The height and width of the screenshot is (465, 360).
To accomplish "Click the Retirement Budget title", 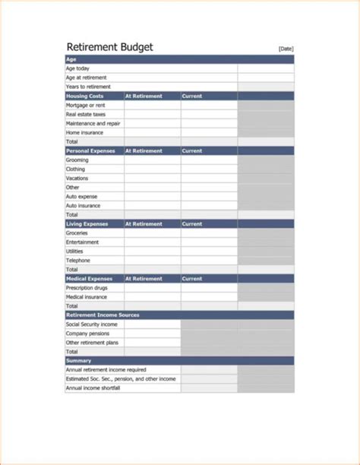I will coord(109,47).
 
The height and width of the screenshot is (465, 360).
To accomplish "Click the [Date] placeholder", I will coord(286,49).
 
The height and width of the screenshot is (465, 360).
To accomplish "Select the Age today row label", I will coord(78,68).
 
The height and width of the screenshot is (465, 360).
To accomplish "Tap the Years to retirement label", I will coord(87,87).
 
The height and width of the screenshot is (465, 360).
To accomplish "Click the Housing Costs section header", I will coord(84,96).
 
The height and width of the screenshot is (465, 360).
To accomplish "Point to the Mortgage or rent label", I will coord(87,105).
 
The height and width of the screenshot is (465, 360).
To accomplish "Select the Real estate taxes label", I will coord(87,115).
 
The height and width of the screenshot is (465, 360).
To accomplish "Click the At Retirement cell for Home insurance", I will coord(152,133).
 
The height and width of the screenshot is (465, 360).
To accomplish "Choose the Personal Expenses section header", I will coord(91,151).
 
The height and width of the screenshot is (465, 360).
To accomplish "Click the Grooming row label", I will coord(77,160).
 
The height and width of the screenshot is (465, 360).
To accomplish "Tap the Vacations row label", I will coord(77,179).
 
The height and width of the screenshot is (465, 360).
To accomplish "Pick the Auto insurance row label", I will coord(83,206).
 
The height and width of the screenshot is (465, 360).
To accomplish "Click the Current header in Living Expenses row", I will coord(192,224).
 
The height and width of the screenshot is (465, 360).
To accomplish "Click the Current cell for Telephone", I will coord(209,261).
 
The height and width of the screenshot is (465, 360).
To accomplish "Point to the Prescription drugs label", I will coord(88,288).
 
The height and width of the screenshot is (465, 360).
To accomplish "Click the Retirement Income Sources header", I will coord(103,315).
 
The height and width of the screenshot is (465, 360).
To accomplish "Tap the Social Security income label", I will coord(92,324).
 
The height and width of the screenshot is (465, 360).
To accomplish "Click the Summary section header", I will coord(79,360).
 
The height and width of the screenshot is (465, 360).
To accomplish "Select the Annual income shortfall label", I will coord(93,388).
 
